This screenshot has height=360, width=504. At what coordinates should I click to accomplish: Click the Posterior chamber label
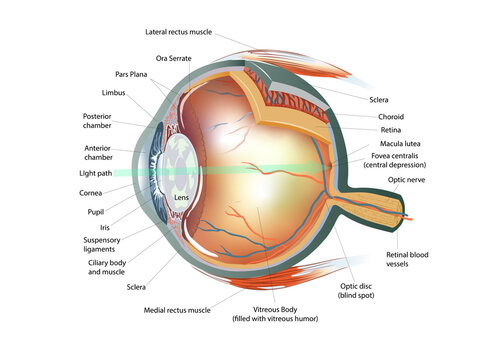point(104,121)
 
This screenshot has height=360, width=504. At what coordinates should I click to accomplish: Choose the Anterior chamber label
point(105,152)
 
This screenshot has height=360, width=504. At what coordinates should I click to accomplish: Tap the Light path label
point(99,173)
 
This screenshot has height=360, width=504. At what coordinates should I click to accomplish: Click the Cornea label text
point(92,193)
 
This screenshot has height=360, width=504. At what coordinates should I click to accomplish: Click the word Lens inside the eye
point(181,197)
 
